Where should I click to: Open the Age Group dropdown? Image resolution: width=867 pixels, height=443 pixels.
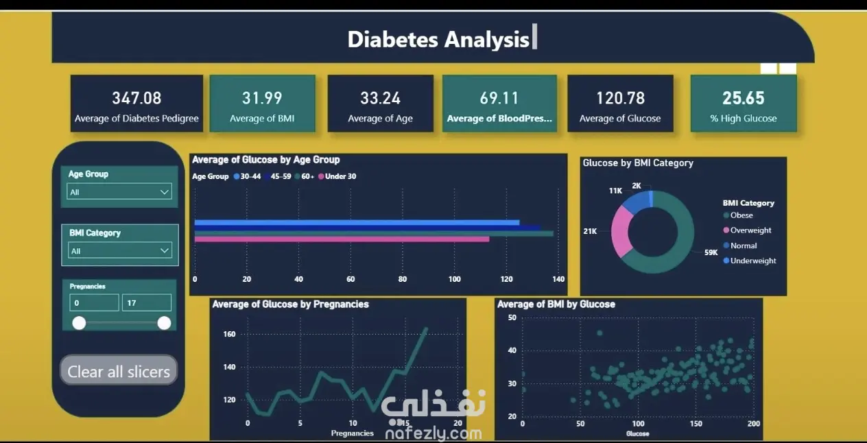click(x=119, y=192)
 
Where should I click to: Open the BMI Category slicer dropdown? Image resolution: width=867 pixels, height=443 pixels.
click(x=120, y=251)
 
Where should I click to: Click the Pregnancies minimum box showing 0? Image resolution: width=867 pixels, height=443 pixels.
click(x=95, y=302)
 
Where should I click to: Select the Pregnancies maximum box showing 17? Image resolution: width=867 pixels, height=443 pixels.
click(x=147, y=302)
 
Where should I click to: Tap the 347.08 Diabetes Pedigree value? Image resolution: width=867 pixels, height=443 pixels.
click(x=136, y=98)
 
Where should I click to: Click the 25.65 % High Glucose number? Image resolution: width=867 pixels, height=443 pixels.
click(x=744, y=98)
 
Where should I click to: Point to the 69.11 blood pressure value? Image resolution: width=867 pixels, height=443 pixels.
click(x=499, y=98)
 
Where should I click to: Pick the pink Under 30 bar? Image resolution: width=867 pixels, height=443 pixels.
click(x=342, y=239)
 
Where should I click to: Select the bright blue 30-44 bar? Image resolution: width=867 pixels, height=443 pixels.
click(x=357, y=222)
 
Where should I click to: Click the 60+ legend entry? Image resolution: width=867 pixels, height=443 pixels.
click(x=305, y=176)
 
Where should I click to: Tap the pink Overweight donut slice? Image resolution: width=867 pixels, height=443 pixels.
click(x=621, y=231)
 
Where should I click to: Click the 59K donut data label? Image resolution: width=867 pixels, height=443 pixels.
click(x=711, y=252)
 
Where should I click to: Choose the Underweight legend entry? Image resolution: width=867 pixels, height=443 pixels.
click(x=750, y=261)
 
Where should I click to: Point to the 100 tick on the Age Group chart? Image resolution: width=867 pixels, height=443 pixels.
click(x=454, y=279)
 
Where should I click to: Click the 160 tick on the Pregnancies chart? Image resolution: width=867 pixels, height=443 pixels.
click(x=229, y=334)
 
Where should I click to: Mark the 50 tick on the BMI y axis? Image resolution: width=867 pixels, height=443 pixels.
click(x=512, y=318)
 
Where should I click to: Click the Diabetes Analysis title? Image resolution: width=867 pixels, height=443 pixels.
click(x=438, y=40)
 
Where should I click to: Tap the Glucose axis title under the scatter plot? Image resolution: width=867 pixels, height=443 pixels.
click(x=637, y=433)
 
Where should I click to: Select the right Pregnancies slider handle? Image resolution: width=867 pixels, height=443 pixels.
click(x=164, y=323)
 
